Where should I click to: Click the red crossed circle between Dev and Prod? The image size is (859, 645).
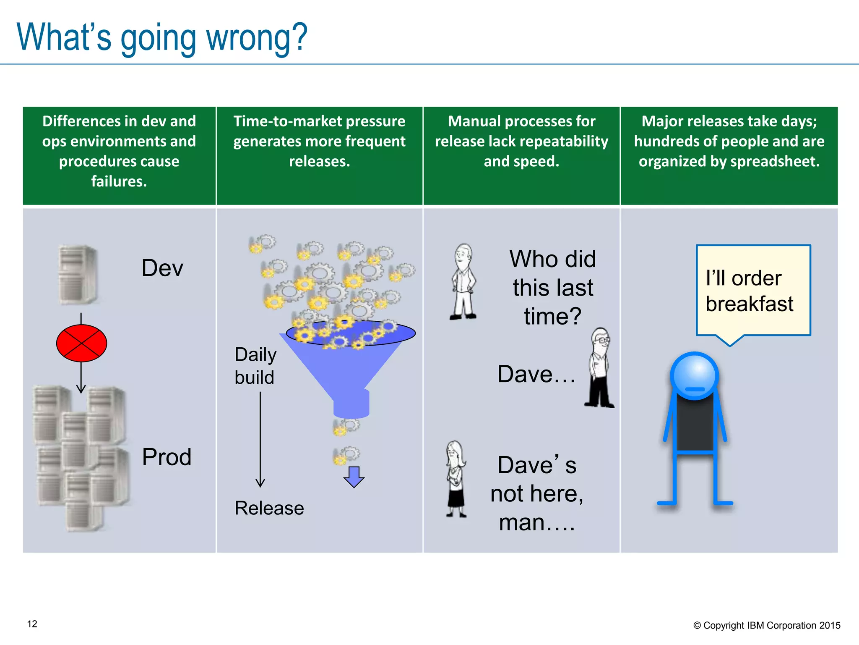(x=81, y=343)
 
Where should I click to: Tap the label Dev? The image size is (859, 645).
(x=162, y=268)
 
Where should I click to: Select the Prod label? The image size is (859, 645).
(x=167, y=457)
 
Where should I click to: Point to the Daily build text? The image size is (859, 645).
(x=255, y=366)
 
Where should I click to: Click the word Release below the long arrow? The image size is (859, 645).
(x=269, y=508)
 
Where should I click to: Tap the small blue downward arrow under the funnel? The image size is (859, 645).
(x=354, y=477)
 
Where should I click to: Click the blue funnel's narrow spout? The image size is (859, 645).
(x=351, y=404)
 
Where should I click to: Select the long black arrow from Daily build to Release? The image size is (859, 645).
(x=260, y=439)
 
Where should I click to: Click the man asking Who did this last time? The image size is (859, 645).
(x=463, y=282)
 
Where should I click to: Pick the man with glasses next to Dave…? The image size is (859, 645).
(x=599, y=368)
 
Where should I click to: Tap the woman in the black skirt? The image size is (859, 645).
(x=456, y=479)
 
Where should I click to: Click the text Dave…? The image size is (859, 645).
(x=536, y=374)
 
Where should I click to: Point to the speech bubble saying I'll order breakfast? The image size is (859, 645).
(x=753, y=291)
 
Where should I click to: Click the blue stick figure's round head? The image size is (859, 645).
(x=695, y=375)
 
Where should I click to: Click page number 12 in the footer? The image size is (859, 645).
(x=32, y=624)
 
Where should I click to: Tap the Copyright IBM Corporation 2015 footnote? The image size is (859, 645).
(x=767, y=625)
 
